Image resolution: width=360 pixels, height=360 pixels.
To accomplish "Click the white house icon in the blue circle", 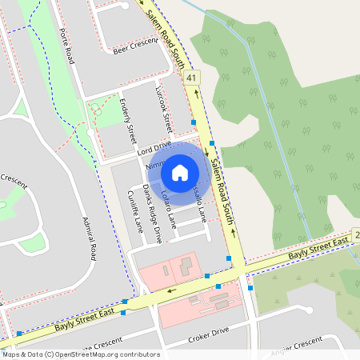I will (x=180, y=173).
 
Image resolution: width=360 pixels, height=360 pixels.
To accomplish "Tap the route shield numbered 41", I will (x=190, y=78).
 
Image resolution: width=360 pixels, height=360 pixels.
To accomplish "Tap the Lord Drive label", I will (x=154, y=147).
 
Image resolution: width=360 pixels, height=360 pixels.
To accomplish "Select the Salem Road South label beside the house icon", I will (x=220, y=181).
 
